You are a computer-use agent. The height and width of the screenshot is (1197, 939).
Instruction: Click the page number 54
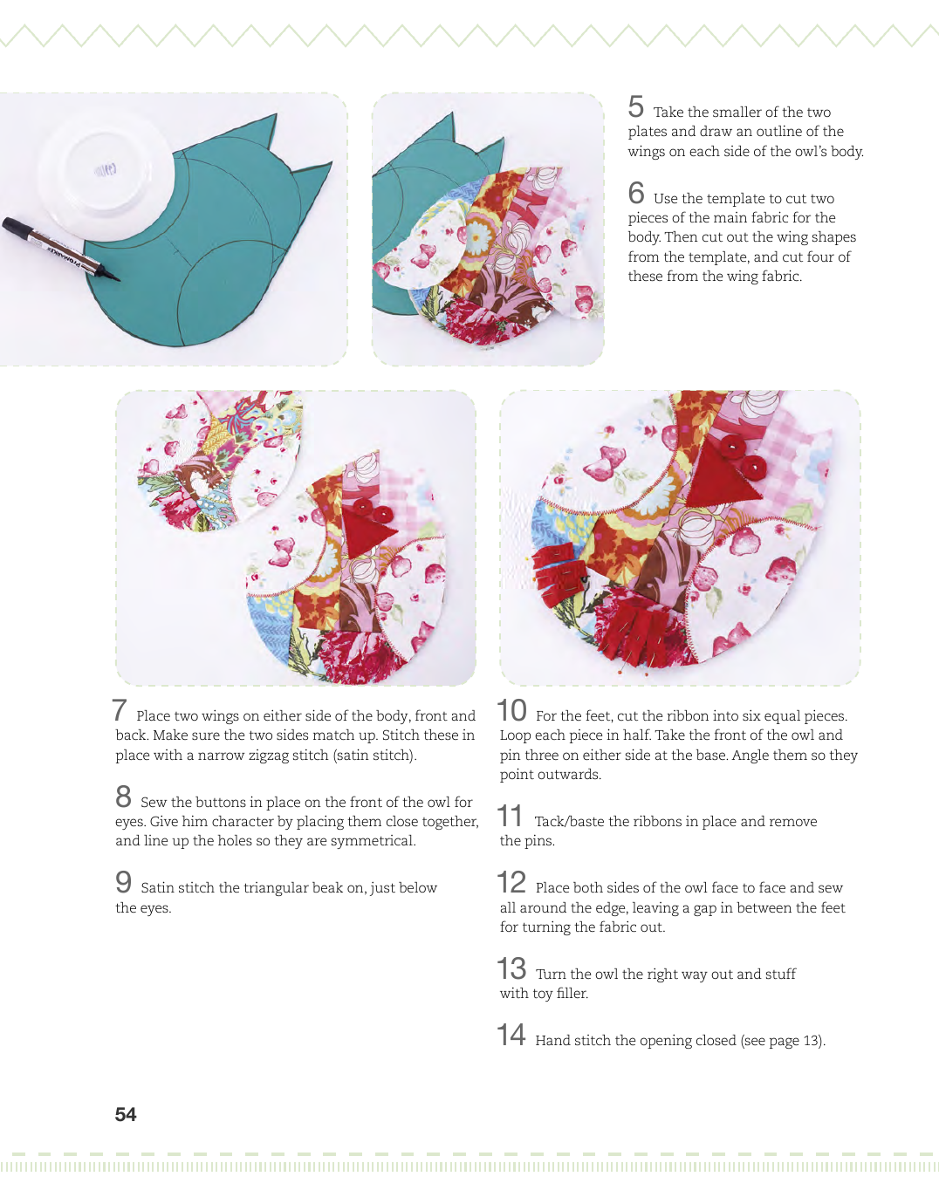coord(126,1114)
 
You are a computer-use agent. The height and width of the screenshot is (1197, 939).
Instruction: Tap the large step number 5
coord(635,106)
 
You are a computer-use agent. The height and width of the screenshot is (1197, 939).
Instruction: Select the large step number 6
coord(636,193)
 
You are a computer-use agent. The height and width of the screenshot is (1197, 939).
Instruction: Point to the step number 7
coord(120,710)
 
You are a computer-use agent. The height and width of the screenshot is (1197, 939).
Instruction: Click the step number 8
coord(123,797)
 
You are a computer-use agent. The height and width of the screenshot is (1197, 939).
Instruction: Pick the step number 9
coord(123,882)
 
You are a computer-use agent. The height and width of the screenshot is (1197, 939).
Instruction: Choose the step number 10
coord(511,710)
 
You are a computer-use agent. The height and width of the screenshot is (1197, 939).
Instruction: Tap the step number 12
coord(511,882)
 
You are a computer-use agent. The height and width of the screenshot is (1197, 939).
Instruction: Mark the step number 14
coord(511,1035)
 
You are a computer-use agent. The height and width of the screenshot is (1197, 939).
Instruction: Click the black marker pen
coord(60,249)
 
